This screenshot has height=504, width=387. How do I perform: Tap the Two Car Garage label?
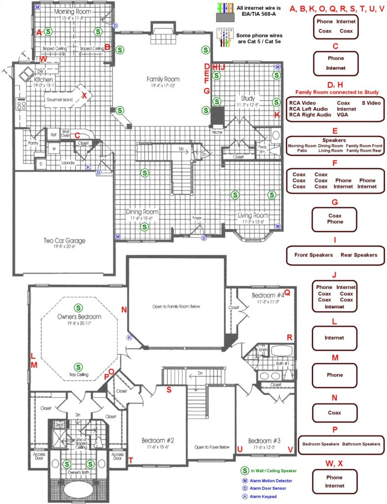(63, 241)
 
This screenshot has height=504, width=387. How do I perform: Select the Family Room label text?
(163, 79)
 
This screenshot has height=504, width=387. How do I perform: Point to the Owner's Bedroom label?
(79, 316)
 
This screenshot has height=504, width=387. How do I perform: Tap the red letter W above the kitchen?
(43, 60)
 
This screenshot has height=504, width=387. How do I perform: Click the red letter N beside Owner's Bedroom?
(123, 310)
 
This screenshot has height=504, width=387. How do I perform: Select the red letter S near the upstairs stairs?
(169, 390)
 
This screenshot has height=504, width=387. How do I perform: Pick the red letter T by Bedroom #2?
(131, 460)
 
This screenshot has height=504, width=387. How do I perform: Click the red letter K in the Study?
(277, 115)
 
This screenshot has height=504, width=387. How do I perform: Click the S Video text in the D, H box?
(371, 102)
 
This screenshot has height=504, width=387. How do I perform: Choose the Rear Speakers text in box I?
(359, 255)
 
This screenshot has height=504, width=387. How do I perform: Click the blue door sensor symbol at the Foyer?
(204, 238)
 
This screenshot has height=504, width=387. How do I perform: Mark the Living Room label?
(253, 215)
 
